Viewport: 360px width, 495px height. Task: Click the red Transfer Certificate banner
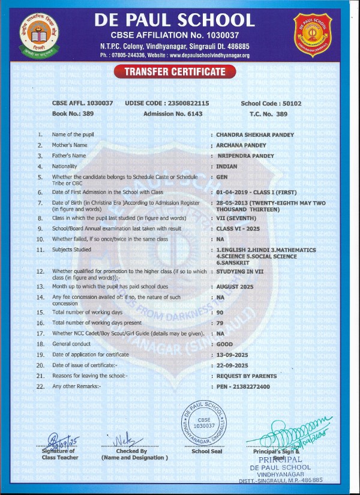tap(175, 72)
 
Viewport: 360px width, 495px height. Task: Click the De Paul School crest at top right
tap(312, 34)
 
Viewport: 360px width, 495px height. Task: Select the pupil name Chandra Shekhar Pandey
tap(255, 135)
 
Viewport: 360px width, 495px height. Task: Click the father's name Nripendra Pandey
tap(245, 156)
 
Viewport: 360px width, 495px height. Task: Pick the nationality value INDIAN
tap(227, 166)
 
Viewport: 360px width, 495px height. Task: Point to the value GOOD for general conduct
tap(224, 344)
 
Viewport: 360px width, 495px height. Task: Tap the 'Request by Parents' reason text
tap(247, 376)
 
